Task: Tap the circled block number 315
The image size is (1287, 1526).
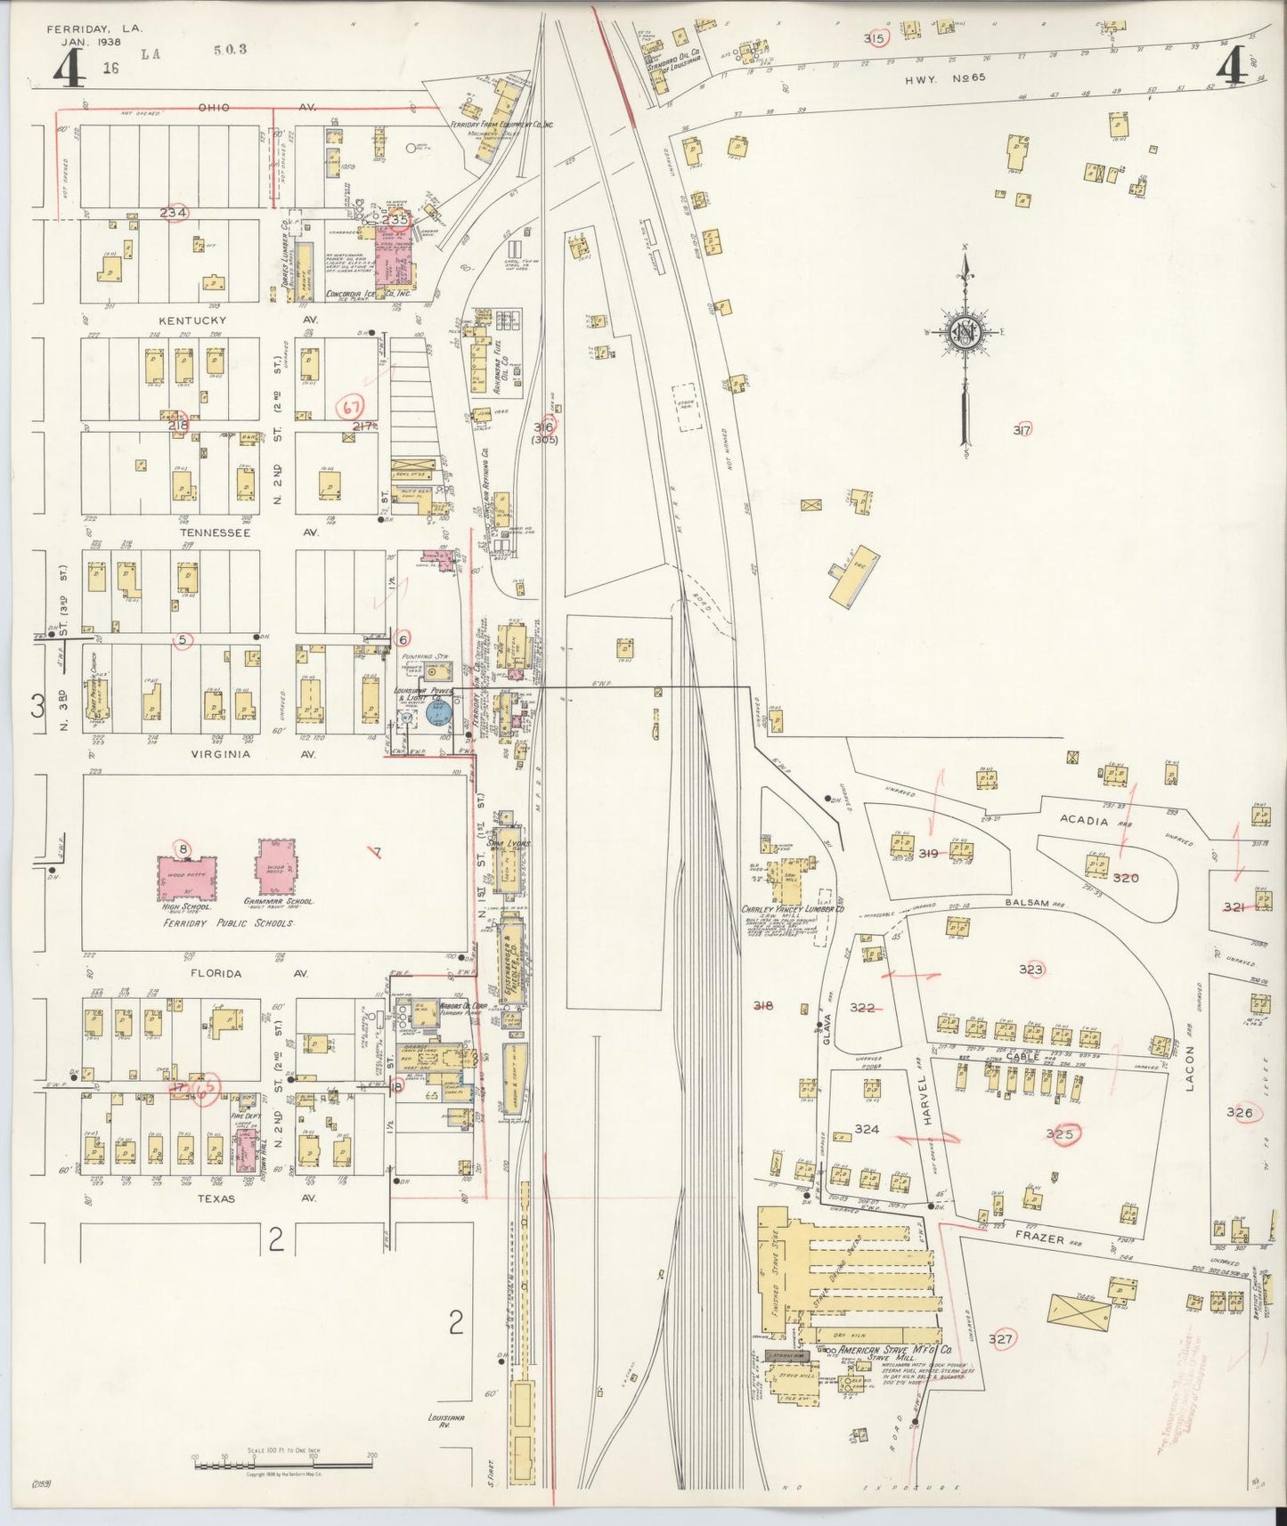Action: [874, 38]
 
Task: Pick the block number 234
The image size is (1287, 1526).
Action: [174, 213]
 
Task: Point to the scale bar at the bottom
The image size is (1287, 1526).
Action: [282, 1458]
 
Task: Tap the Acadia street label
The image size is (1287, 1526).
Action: [1086, 821]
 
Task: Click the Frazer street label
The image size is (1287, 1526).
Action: [1039, 1239]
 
